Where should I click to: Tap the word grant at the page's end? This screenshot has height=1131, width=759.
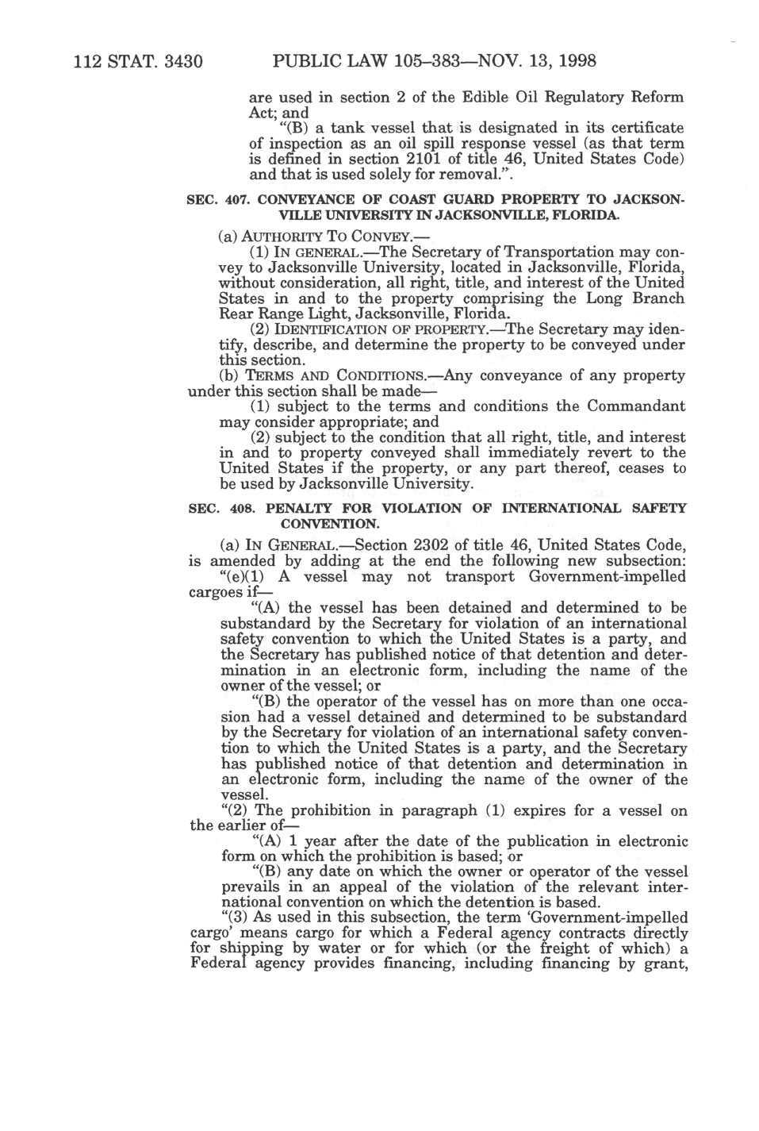pos(662,964)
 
